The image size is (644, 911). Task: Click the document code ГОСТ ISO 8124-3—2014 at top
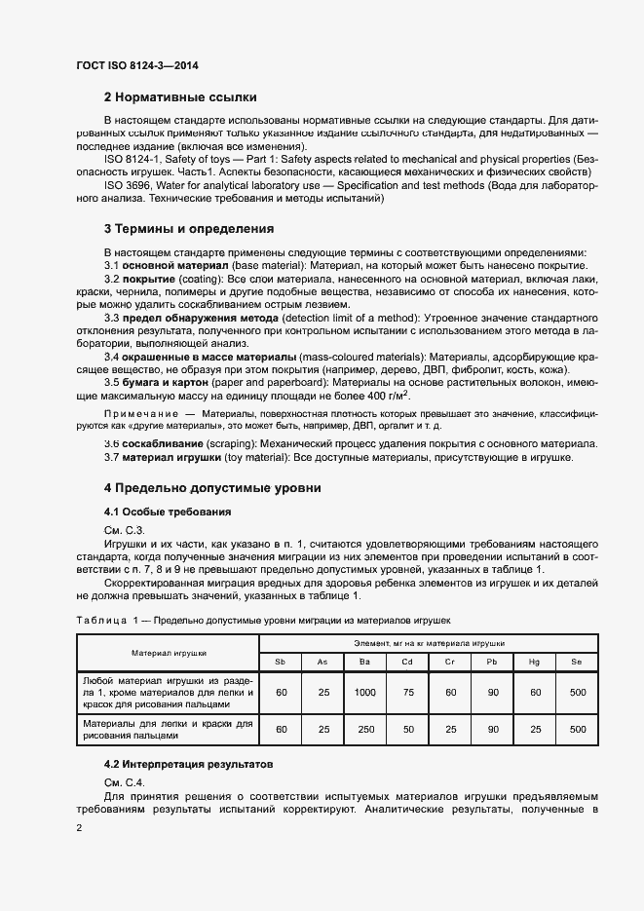pyautogui.click(x=136, y=65)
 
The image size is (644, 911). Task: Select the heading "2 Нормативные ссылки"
pyautogui.click(x=180, y=97)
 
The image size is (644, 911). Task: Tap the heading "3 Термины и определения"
pyautogui.click(x=188, y=229)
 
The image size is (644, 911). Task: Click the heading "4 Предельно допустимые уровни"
pyautogui.click(x=213, y=487)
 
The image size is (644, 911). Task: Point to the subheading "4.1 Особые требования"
pyautogui.click(x=167, y=512)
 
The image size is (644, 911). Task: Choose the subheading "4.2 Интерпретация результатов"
pyautogui.click(x=189, y=765)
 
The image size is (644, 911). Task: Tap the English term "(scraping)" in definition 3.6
pyautogui.click(x=223, y=443)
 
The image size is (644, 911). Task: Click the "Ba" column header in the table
pyautogui.click(x=365, y=663)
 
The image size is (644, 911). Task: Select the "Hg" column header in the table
pyautogui.click(x=535, y=663)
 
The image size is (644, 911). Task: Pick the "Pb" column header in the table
pyautogui.click(x=493, y=663)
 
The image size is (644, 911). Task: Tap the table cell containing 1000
pyautogui.click(x=365, y=693)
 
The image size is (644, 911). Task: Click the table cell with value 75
pyautogui.click(x=408, y=693)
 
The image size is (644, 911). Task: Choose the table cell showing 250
pyautogui.click(x=365, y=729)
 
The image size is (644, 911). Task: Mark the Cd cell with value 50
pyautogui.click(x=408, y=729)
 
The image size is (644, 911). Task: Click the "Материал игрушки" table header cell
pyautogui.click(x=168, y=653)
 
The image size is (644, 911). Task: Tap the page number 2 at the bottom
pyautogui.click(x=79, y=827)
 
